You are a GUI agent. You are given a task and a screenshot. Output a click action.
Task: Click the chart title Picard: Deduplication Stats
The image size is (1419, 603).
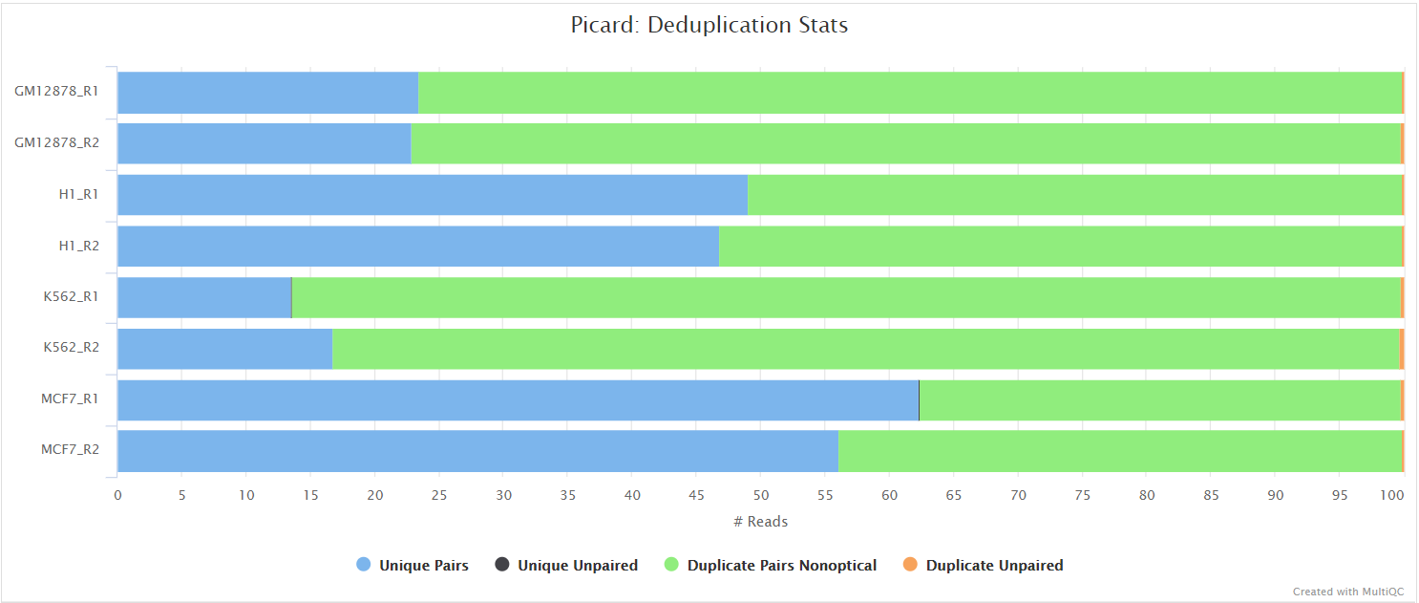709,25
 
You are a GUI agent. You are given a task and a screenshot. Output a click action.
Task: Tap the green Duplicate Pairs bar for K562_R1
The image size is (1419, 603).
845,297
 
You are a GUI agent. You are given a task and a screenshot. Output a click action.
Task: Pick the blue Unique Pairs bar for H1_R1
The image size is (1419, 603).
432,195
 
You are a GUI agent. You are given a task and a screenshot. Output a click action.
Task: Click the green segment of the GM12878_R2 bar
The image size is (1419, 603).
905,143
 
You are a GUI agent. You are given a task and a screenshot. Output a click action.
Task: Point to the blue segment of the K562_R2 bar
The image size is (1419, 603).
224,349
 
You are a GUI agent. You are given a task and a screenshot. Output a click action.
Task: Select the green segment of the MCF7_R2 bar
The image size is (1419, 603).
1119,451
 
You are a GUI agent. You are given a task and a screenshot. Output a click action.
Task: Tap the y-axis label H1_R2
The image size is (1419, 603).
79,246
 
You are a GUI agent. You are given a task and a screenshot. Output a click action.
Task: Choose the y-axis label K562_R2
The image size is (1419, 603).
71,348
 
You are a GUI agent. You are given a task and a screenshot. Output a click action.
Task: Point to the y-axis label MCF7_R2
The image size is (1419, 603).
70,450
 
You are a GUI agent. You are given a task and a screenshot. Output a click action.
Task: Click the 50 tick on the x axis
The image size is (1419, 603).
760,495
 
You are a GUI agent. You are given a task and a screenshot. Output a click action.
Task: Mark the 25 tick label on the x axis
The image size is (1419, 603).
438,495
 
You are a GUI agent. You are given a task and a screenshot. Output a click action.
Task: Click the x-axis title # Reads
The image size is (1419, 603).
760,522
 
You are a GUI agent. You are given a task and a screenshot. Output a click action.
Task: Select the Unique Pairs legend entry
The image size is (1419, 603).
413,566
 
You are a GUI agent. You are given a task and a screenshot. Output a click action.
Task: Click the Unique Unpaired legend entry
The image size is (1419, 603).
566,566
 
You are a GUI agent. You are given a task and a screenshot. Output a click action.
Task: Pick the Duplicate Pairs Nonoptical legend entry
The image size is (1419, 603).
770,566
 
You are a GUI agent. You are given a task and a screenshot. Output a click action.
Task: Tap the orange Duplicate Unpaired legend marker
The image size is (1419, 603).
911,565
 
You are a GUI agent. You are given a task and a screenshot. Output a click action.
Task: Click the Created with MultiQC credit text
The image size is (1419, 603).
1346,592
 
